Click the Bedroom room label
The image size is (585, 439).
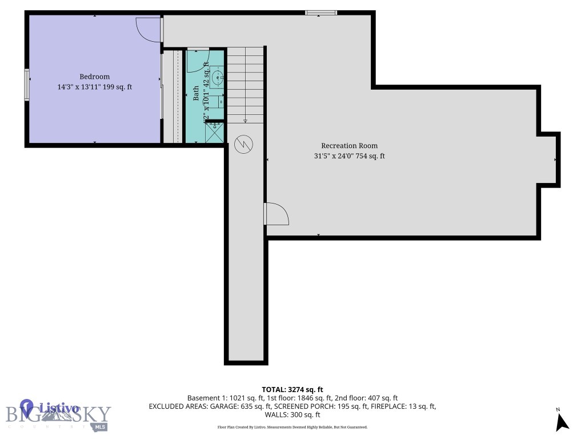[94, 77]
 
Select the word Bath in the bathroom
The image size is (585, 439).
[196, 93]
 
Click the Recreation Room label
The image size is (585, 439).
[349, 146]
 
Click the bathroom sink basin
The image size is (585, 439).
[217, 77]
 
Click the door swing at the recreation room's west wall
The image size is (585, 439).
[277, 214]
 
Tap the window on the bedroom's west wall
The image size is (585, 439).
[26, 85]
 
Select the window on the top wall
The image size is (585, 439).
[320, 13]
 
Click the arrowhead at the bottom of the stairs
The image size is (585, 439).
[245, 121]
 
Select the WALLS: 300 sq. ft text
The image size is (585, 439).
[292, 415]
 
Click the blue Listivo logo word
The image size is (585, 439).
[58, 408]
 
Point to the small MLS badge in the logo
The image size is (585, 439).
[101, 426]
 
